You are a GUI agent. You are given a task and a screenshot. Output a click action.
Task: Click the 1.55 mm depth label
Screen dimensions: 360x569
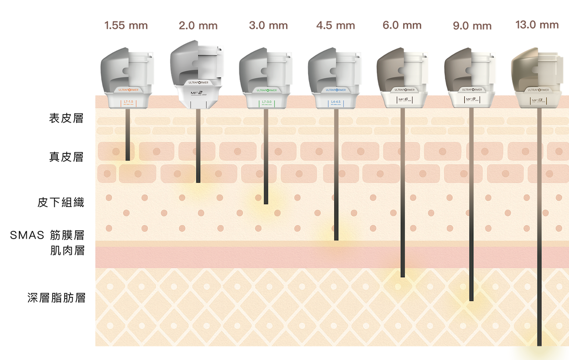tap(126, 25)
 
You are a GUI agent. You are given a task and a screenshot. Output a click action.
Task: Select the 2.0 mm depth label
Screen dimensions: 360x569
tap(198, 25)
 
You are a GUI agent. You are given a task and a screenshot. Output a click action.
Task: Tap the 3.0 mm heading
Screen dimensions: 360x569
tap(268, 25)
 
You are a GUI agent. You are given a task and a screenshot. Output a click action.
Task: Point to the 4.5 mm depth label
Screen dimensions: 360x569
tap(336, 25)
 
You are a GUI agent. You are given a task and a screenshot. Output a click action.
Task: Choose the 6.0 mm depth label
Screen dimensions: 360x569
tap(402, 25)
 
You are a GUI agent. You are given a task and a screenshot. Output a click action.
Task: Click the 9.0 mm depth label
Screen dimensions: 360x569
tap(472, 26)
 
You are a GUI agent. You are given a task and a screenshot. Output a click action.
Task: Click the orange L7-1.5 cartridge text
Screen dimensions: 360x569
tap(127, 102)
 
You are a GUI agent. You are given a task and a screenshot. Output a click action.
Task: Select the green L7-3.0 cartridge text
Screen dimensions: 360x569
tap(266, 102)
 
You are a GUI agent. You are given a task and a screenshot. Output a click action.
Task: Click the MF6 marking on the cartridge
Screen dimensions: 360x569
tap(403, 99)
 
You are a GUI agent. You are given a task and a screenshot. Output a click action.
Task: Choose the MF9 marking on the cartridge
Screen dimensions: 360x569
tap(472, 99)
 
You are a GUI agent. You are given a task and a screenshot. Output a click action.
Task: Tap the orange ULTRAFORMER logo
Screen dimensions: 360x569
tap(127, 90)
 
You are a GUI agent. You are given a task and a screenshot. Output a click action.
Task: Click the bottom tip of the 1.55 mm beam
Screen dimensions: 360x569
tap(127, 159)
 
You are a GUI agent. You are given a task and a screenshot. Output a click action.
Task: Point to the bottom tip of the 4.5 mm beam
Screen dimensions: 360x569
tap(336, 239)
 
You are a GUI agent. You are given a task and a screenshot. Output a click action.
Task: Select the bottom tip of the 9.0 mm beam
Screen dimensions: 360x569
tap(471, 300)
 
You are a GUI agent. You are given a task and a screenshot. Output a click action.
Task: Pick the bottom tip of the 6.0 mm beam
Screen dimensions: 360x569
tap(403, 276)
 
